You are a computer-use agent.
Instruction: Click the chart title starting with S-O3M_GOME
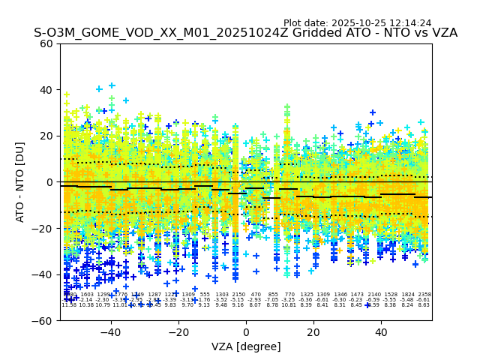245,33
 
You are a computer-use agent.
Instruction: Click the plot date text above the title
357,23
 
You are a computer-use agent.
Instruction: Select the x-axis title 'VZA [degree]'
245,346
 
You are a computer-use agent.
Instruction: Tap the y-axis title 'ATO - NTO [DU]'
20,182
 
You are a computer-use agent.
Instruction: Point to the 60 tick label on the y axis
46,43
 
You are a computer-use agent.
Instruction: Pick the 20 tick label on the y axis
46,136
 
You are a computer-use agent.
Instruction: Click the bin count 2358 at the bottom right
424,295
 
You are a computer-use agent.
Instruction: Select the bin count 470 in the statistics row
256,295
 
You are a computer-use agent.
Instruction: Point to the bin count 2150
238,295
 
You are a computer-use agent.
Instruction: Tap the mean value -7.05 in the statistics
272,300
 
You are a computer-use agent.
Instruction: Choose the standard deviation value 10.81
289,305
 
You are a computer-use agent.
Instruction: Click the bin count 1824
407,295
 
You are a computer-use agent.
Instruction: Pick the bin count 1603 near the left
87,295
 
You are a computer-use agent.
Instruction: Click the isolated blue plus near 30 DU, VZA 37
373,112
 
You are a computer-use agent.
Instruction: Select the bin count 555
205,295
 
